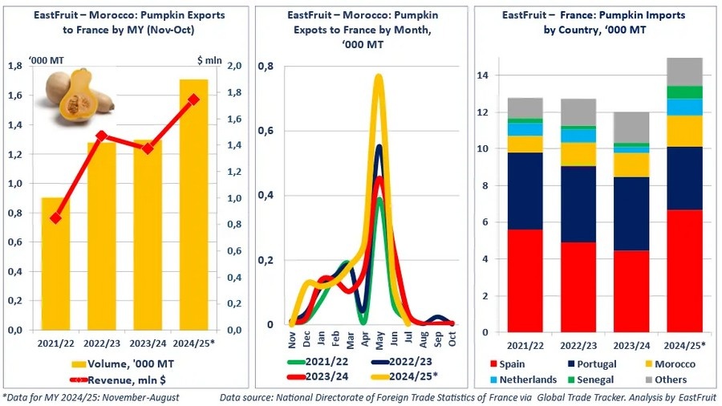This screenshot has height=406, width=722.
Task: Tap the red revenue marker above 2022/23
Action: [x=101, y=136]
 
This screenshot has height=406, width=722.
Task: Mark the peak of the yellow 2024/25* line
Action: [x=379, y=76]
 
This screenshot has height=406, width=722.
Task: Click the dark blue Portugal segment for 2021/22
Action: [x=525, y=191]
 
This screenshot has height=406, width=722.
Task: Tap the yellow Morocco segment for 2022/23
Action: [x=579, y=154]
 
